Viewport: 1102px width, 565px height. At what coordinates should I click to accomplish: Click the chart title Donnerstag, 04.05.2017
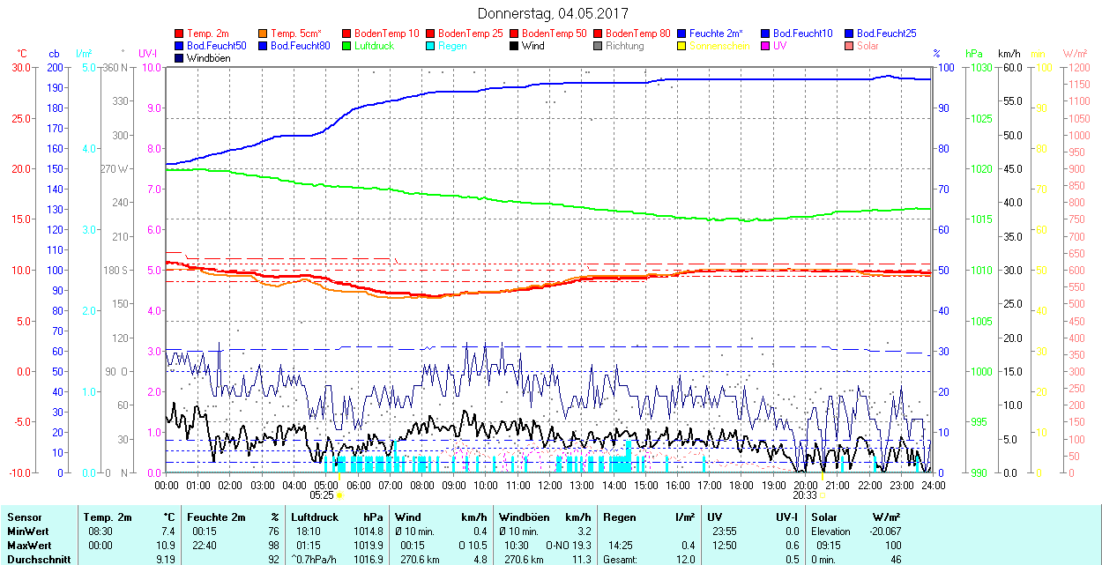[553, 13]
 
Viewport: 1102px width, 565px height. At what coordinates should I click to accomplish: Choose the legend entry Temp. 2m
[208, 33]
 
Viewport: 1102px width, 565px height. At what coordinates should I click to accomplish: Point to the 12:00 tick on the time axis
[550, 485]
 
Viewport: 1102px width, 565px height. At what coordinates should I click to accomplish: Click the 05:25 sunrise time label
[323, 495]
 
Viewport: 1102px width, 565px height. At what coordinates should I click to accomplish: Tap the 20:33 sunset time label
[805, 495]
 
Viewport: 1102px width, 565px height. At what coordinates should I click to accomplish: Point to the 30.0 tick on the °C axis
[19, 67]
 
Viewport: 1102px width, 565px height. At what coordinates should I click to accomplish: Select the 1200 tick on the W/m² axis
[1078, 67]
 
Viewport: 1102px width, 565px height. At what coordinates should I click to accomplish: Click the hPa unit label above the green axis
[974, 54]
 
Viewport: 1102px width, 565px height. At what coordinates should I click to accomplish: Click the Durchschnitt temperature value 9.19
[164, 559]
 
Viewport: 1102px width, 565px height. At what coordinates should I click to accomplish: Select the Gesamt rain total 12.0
[684, 559]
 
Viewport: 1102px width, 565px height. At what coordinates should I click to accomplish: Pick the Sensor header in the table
[25, 517]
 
